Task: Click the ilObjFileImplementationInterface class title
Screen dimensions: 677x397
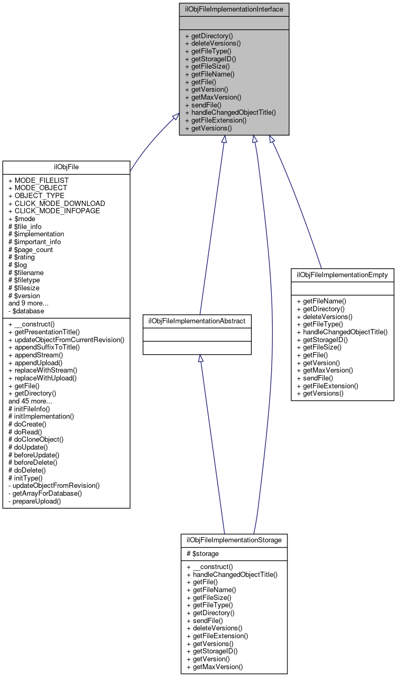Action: (234, 9)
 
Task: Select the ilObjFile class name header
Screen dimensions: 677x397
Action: (66, 167)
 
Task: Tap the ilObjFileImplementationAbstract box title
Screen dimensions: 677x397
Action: (197, 320)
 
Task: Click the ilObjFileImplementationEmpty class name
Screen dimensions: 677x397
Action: (342, 275)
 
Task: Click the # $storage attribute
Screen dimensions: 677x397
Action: (202, 553)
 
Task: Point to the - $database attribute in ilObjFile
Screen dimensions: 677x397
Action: (26, 311)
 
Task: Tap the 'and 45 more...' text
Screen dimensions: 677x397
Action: (30, 401)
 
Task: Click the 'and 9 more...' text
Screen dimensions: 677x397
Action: (28, 303)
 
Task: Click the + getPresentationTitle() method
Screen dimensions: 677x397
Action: (51, 332)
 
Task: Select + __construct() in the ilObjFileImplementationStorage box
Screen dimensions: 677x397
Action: (209, 566)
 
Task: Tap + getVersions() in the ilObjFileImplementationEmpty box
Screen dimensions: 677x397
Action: (320, 393)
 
